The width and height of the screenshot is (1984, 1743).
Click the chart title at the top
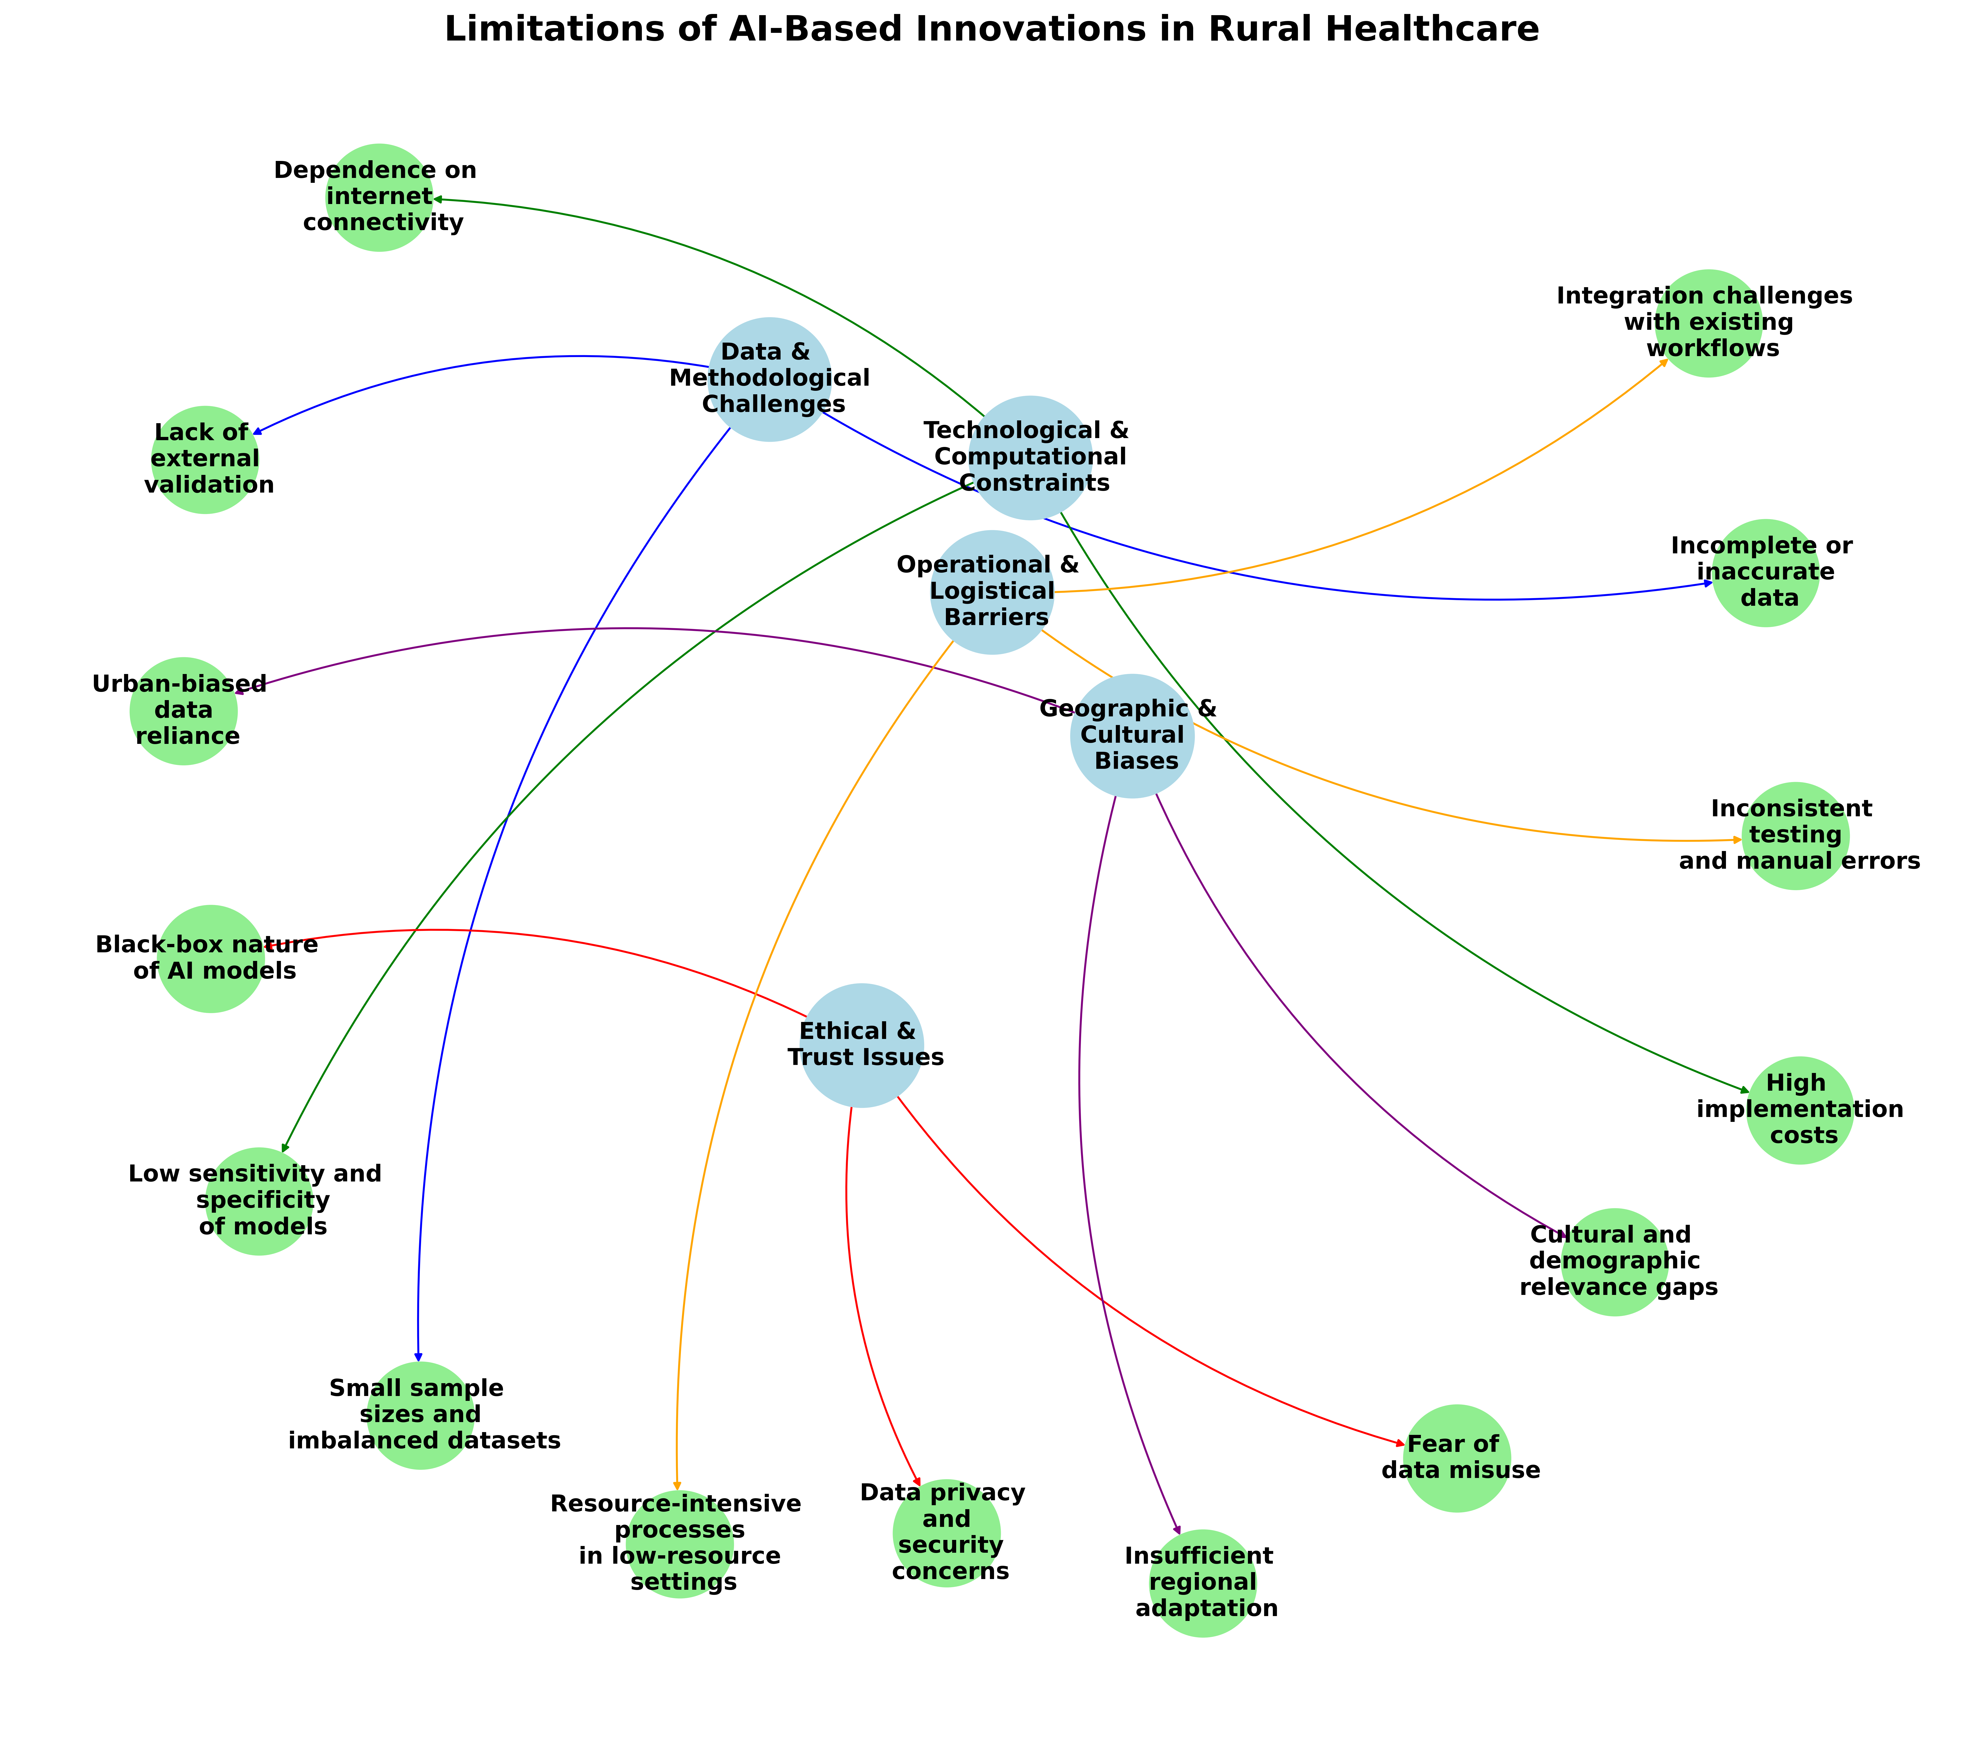point(991,30)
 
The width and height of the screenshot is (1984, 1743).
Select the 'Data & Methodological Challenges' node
point(770,379)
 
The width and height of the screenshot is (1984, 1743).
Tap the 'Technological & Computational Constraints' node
point(1030,456)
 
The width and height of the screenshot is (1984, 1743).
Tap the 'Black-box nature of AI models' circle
point(211,958)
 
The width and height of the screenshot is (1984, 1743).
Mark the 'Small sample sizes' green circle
point(420,1415)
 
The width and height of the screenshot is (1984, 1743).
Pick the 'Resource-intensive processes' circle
point(679,1544)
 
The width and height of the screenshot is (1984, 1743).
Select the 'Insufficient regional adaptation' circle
point(1203,1583)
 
